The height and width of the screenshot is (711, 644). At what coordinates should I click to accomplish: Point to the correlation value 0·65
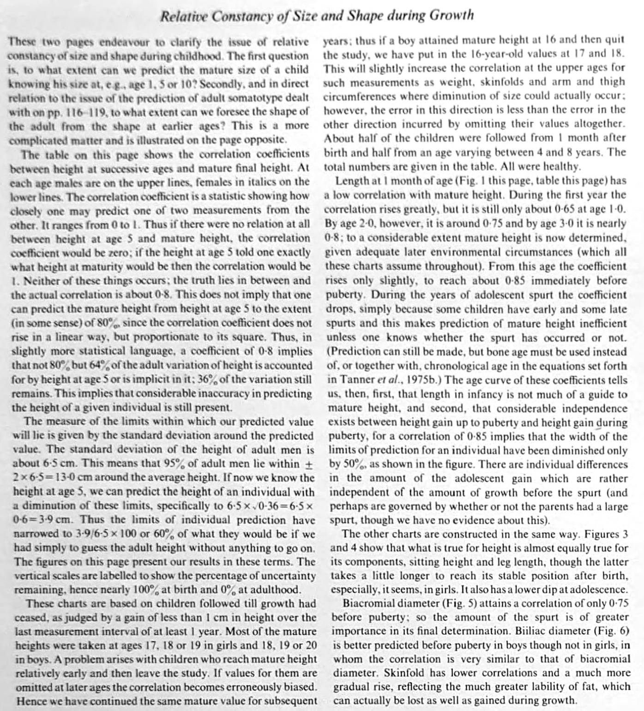pyautogui.click(x=568, y=209)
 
